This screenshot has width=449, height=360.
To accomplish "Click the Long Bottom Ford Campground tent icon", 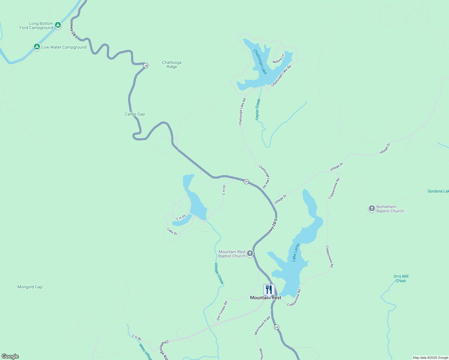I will (58, 25).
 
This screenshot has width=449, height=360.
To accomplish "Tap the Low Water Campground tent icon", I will (37, 47).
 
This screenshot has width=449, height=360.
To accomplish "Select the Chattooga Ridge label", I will (172, 64).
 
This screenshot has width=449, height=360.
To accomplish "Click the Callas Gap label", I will (135, 114).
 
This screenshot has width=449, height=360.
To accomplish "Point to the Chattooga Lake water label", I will (260, 61).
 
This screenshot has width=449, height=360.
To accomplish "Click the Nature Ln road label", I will (278, 59).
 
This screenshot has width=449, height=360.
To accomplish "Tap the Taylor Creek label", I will (258, 109).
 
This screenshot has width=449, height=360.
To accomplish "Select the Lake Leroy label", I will (296, 252).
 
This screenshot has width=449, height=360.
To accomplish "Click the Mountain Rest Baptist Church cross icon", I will (250, 254).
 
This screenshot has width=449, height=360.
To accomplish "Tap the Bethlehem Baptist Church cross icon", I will (372, 208).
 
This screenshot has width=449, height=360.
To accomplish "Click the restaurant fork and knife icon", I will (269, 289).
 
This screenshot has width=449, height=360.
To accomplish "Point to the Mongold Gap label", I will (30, 287).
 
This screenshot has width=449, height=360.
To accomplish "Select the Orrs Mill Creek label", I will (401, 278).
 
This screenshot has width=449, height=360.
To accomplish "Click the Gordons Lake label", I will (438, 191).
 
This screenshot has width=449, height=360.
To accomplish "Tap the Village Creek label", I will (219, 273).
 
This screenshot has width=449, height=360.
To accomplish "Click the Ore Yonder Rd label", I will (222, 310).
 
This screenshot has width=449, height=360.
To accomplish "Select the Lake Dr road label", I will (172, 231).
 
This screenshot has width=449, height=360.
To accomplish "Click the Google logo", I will (10, 356).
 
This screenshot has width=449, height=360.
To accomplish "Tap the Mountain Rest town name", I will (266, 298).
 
